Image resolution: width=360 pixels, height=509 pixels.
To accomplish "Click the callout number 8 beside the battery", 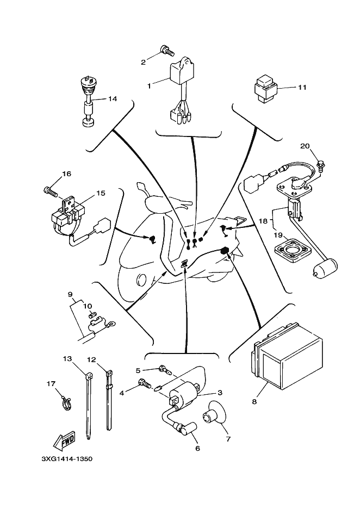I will coord(254,402).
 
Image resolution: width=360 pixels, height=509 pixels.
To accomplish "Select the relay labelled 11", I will coord(266,87).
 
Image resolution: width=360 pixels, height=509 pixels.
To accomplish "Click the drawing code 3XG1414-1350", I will coord(67,458).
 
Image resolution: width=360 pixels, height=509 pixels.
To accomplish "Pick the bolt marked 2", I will coord(166,52).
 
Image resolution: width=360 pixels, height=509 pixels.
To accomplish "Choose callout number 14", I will coord(113,99).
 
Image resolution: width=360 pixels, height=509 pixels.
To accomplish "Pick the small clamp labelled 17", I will coord(65,402).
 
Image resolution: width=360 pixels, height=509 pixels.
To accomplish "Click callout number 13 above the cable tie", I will coord(67,359).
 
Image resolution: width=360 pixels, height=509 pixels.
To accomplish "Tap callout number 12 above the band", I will coord(91,359).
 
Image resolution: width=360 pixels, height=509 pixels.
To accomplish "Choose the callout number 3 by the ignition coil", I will coord(220,392).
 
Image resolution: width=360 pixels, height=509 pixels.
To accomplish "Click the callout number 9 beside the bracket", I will coord(70,295).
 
